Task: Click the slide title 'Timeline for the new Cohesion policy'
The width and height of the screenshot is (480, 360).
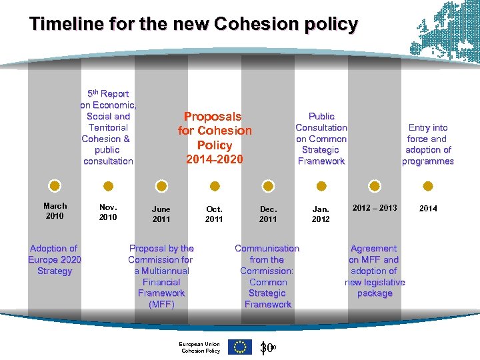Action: pos(193,25)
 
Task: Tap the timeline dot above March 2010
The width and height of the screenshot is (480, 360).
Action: pos(55,185)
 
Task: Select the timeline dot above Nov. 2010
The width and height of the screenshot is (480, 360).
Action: pos(108,185)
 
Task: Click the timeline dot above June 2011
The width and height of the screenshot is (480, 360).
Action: pos(161,185)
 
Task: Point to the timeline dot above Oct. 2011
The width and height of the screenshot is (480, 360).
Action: pos(215,185)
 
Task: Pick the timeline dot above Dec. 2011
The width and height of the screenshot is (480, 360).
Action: pos(268,185)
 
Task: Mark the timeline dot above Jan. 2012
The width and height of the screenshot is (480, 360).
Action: pos(321,185)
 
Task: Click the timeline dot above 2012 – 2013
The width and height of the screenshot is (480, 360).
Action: pos(375,185)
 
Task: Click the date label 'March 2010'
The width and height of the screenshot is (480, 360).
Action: pos(55,211)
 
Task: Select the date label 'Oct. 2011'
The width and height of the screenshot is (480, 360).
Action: pos(214,213)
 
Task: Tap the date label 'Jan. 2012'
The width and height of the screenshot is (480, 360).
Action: pos(321,213)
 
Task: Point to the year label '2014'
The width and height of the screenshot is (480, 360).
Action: pos(428,209)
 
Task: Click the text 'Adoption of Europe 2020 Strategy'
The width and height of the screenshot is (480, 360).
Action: pos(55,259)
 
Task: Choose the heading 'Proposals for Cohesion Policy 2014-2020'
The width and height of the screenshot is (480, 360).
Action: pos(215,138)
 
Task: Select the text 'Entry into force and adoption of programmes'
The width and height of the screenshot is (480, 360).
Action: pos(428,144)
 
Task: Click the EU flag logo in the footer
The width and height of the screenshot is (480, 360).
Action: pos(240,347)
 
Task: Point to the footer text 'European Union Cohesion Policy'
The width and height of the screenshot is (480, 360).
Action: pos(200,347)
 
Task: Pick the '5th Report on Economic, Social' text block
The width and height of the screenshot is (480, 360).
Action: pos(108,127)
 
